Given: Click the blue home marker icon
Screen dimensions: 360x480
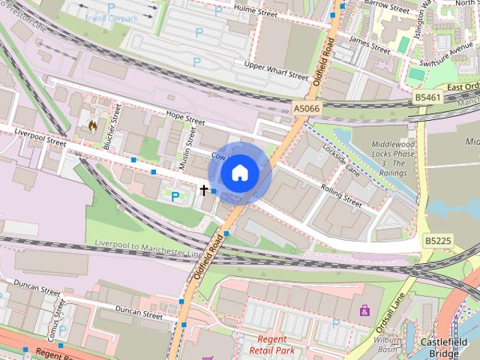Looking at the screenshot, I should (x=239, y=173).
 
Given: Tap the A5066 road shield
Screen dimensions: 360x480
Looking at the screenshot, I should (x=307, y=109).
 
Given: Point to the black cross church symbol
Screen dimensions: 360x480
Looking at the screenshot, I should (x=203, y=190).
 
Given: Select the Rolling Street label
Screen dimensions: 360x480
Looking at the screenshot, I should (x=341, y=194).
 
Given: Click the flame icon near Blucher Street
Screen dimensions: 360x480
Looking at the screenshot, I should (x=92, y=124).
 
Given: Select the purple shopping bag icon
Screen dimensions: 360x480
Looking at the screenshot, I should (x=364, y=310).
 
